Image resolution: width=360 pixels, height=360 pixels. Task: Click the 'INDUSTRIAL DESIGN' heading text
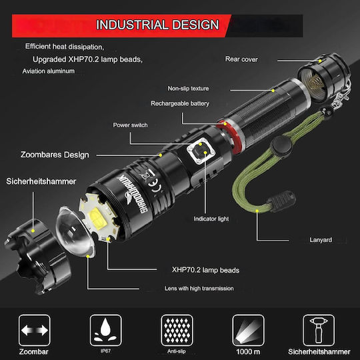point(157,25)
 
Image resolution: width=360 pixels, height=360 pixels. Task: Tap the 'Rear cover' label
point(241,59)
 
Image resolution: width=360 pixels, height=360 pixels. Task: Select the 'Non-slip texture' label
point(188,89)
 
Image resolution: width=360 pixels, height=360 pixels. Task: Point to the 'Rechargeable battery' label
point(180,103)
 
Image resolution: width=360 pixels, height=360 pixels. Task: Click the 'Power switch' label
point(130,125)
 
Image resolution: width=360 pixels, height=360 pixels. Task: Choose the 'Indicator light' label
point(211,219)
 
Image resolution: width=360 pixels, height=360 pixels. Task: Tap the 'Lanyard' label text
point(321,240)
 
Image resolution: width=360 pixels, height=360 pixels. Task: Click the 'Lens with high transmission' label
point(199,289)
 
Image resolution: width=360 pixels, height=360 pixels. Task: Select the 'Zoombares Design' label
point(55,155)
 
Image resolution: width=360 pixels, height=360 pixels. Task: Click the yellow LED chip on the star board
point(97,217)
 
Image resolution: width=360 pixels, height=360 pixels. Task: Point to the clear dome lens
point(75,232)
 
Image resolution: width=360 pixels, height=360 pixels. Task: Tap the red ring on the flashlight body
point(229,137)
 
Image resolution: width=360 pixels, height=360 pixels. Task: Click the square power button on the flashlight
point(201,151)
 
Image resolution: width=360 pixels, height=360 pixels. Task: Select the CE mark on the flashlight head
point(153,185)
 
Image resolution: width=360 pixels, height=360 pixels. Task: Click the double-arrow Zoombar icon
point(35,331)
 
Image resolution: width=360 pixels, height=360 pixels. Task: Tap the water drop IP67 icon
point(105,331)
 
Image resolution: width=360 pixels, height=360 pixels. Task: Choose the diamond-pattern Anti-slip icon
point(177,331)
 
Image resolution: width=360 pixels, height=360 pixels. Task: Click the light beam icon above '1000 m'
point(248,331)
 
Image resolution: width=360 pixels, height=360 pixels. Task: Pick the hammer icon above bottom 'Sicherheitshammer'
point(319,331)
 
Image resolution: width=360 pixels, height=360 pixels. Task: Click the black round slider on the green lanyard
point(281,145)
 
